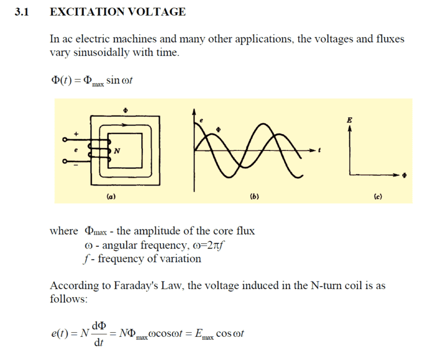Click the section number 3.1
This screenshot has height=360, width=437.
click(22, 12)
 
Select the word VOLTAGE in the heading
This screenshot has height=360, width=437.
click(157, 12)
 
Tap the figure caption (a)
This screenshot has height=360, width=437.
click(111, 197)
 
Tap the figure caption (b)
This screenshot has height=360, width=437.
click(254, 197)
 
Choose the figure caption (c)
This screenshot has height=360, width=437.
click(378, 197)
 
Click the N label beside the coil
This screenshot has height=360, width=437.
click(117, 151)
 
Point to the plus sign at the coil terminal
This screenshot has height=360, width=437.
click(76, 134)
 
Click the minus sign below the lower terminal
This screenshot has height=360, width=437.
click(76, 165)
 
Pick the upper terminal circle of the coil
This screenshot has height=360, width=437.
click(65, 139)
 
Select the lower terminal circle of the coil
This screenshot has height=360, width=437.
click(65, 161)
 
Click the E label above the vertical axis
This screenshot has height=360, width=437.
click(349, 120)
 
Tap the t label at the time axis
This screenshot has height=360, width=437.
click(320, 150)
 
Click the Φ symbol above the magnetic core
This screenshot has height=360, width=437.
click(126, 110)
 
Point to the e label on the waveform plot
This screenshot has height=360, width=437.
click(201, 120)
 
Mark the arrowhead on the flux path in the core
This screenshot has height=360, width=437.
click(124, 125)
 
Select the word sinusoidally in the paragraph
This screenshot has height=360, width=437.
click(101, 52)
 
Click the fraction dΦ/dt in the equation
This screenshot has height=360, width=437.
click(99, 333)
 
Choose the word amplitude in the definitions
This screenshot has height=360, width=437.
click(157, 231)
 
